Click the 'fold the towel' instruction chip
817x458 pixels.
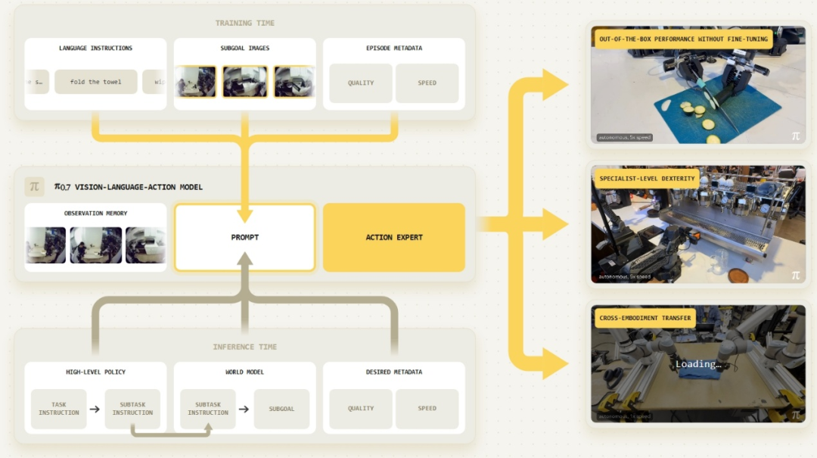[95, 82]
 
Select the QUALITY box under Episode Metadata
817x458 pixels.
[361, 83]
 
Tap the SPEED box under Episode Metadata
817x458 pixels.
[427, 83]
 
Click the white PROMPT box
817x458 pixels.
[244, 238]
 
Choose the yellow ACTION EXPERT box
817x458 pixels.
[393, 238]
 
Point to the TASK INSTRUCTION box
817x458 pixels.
[59, 409]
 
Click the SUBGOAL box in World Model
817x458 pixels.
[281, 409]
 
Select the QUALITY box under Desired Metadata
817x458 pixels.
[361, 409]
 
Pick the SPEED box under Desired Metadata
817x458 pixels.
[427, 409]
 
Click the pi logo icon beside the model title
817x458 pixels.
[34, 186]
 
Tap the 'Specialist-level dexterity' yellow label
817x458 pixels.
[647, 179]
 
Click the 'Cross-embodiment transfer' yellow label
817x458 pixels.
[645, 318]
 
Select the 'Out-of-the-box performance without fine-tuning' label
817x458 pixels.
[683, 39]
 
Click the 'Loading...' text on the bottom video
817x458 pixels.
[698, 364]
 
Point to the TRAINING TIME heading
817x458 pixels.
[244, 23]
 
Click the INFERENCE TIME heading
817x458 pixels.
[244, 347]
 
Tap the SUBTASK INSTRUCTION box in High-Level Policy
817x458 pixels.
[132, 409]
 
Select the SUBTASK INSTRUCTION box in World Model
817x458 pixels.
[207, 409]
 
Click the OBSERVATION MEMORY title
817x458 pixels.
[95, 213]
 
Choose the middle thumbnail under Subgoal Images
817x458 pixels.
[244, 82]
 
